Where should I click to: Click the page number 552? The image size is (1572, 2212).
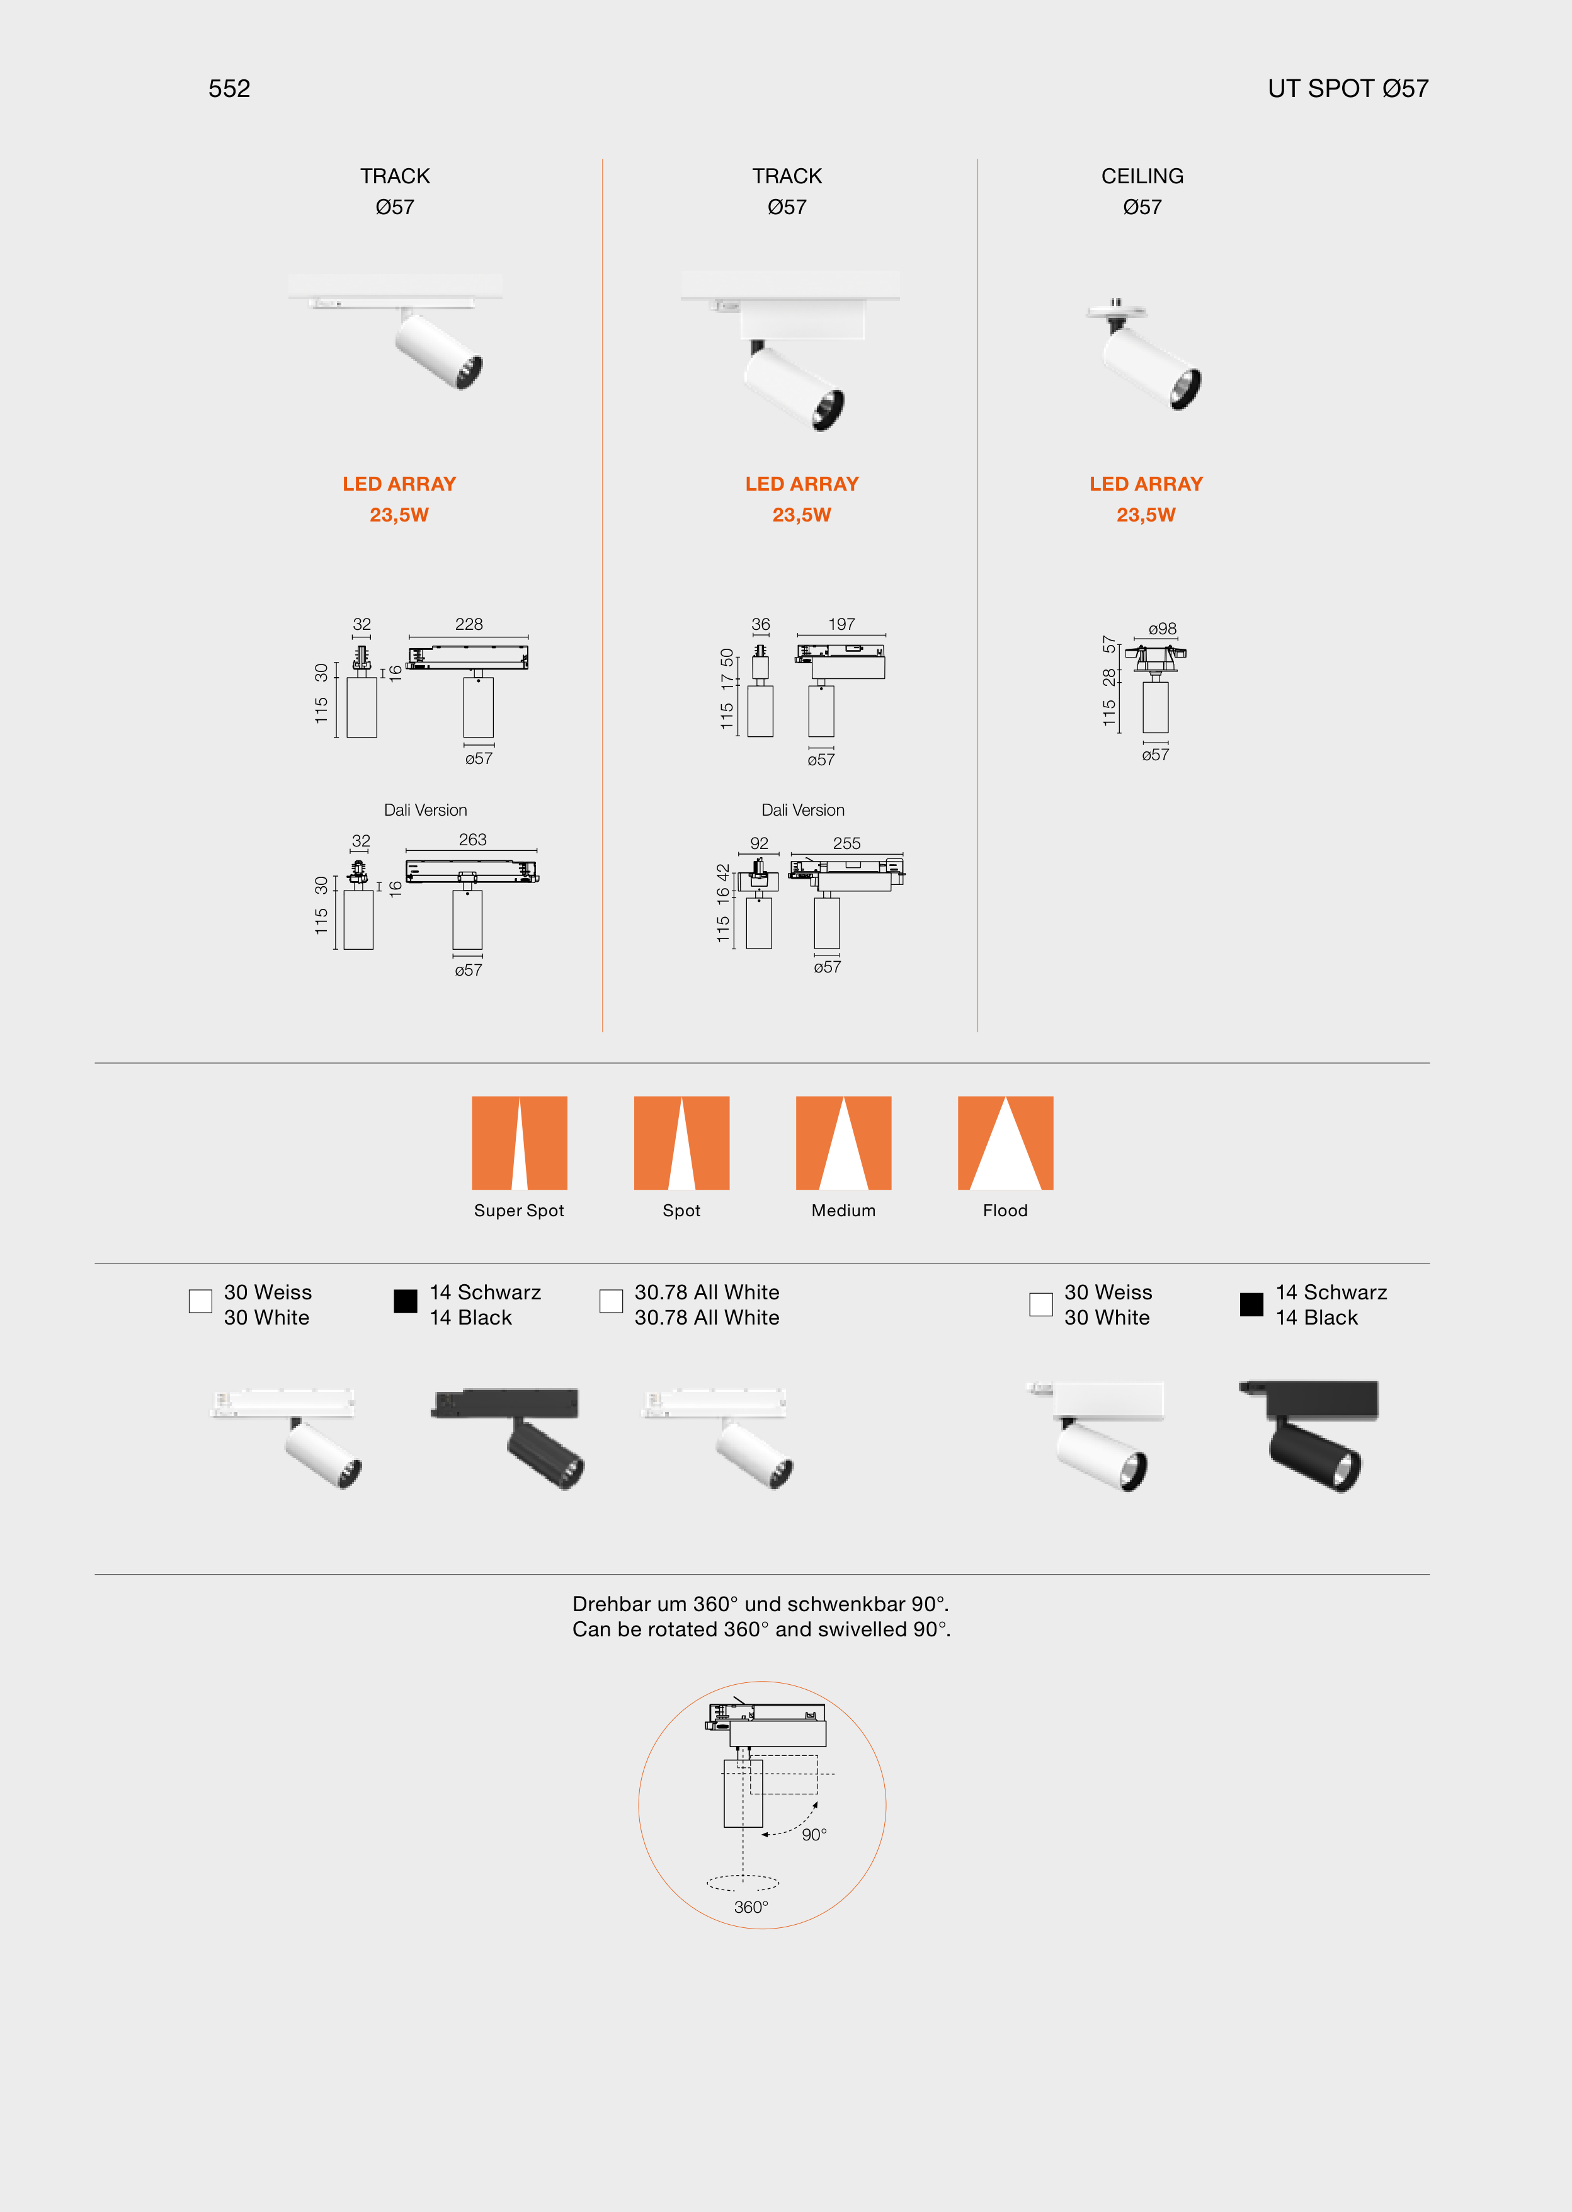click(229, 89)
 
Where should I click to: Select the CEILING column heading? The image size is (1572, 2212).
click(1142, 176)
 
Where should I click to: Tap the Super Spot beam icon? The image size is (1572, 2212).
click(519, 1143)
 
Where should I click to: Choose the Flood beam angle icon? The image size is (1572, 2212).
click(1005, 1143)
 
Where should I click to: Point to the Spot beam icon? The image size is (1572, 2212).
click(681, 1143)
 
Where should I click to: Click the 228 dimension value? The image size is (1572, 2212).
click(469, 624)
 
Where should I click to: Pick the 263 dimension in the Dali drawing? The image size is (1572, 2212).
click(472, 840)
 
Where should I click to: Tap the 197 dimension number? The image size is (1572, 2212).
click(841, 624)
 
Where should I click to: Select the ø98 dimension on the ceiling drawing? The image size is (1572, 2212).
click(1163, 629)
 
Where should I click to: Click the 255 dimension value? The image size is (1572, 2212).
click(846, 843)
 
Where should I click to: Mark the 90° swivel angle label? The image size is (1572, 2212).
click(814, 1835)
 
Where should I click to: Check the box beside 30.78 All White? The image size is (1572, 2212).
click(611, 1301)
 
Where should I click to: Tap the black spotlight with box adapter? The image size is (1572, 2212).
click(1309, 1437)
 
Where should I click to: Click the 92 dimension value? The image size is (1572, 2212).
click(759, 843)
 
